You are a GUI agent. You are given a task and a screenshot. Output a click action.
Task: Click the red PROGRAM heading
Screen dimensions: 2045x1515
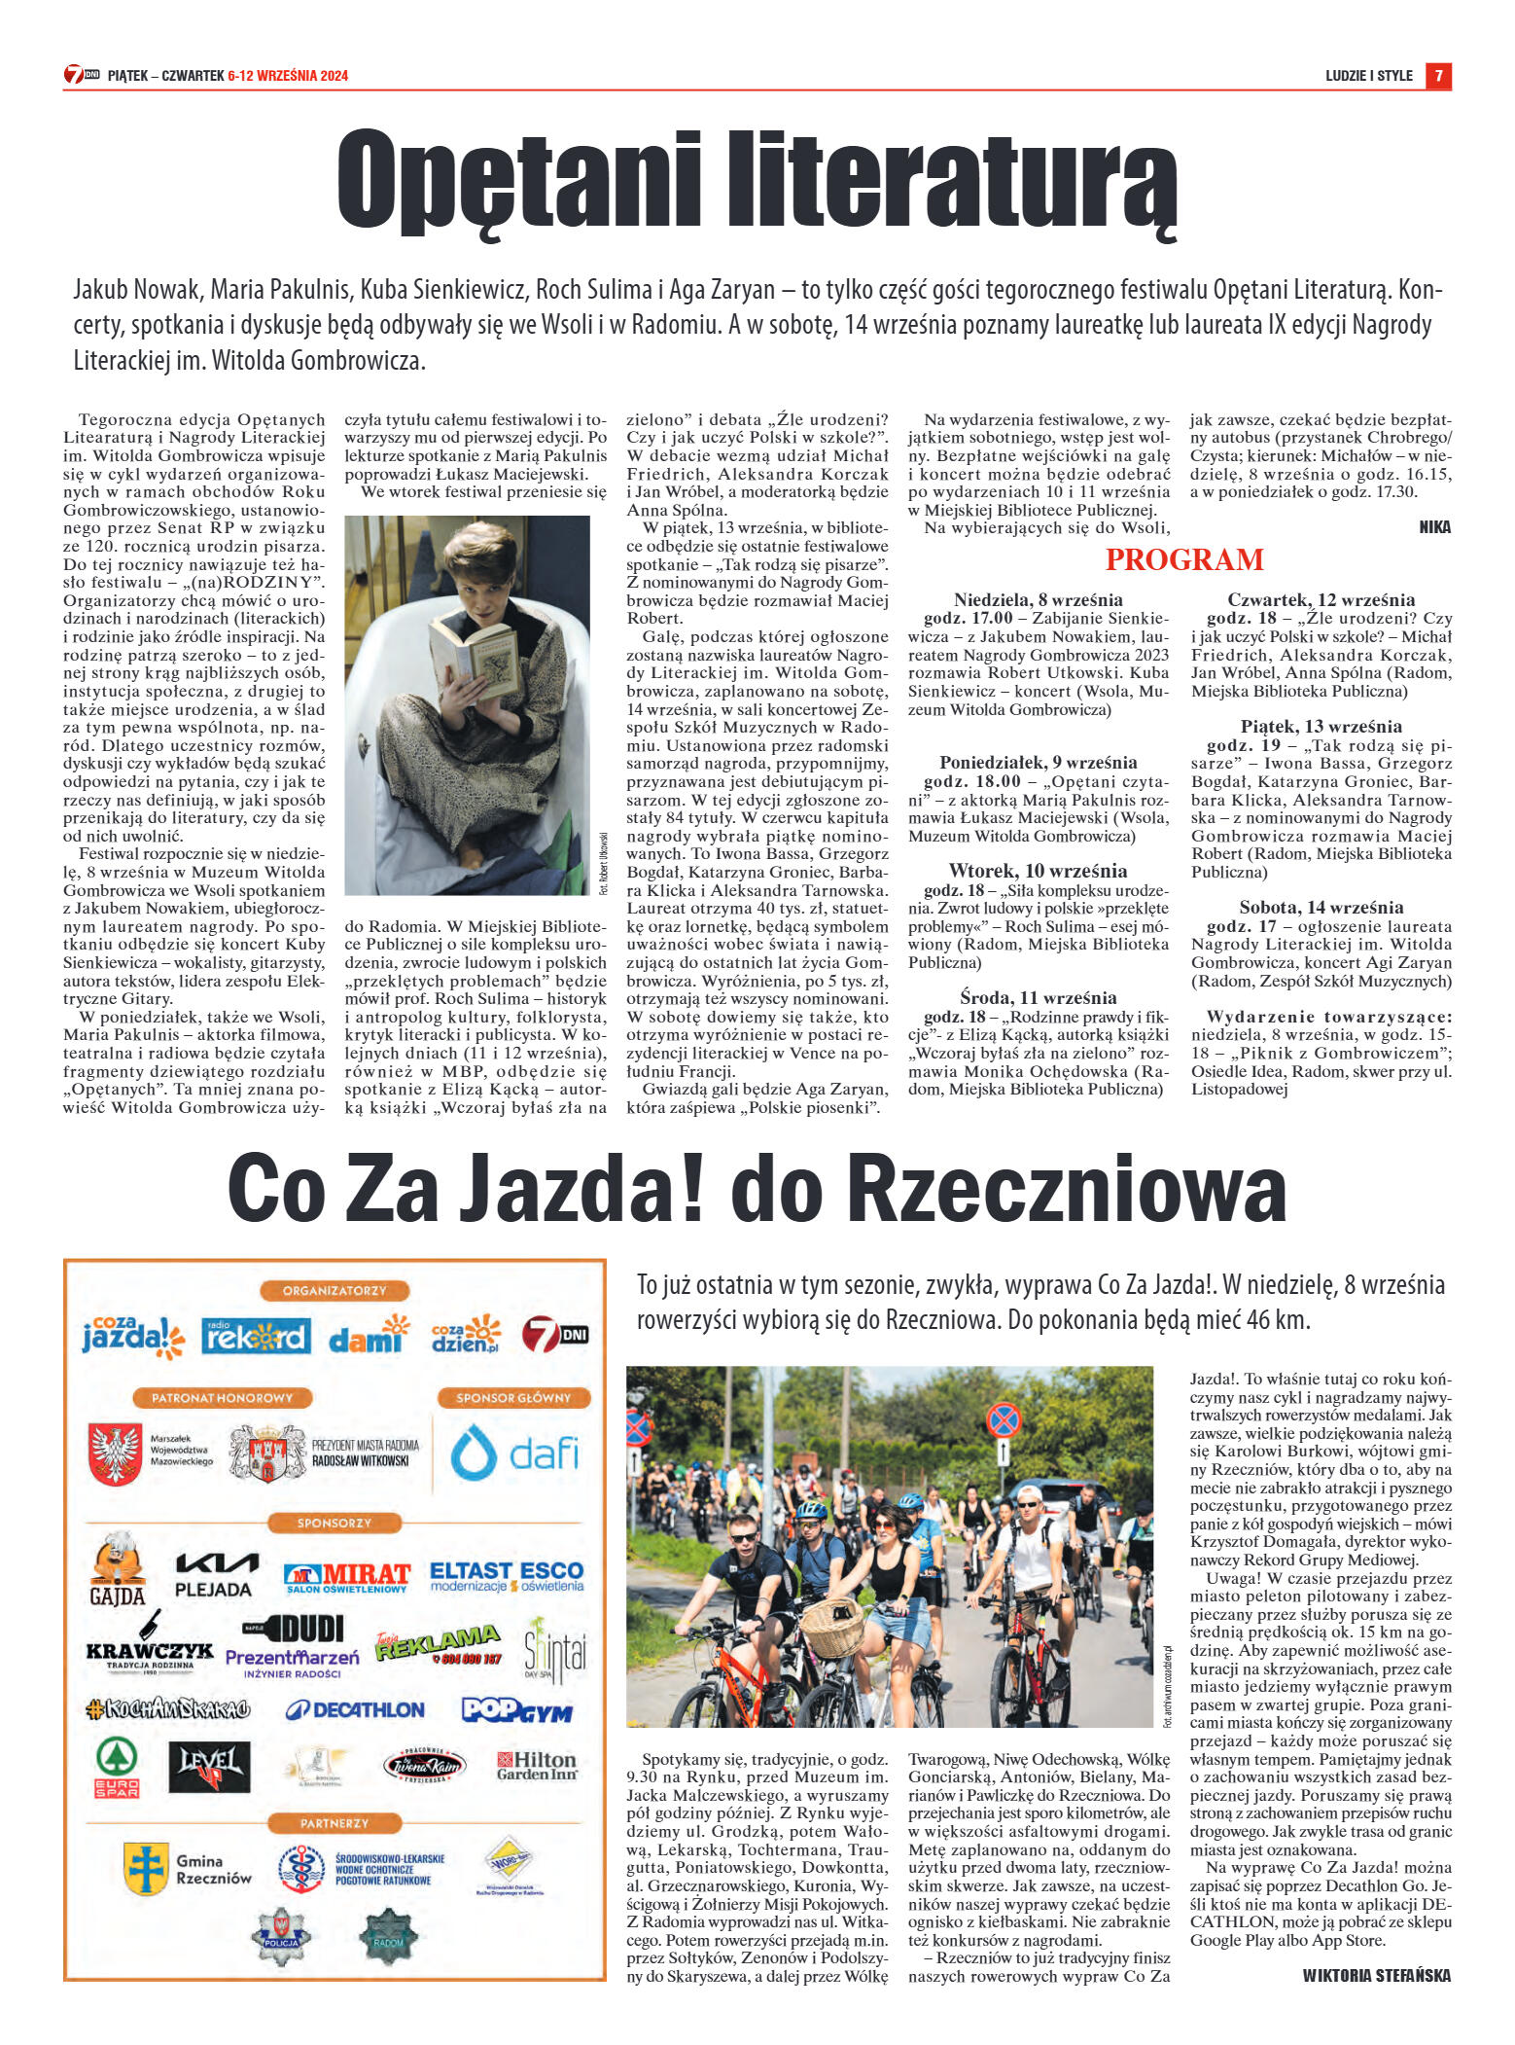coord(1183,559)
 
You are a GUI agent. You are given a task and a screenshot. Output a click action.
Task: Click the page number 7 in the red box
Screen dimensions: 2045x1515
coord(1438,76)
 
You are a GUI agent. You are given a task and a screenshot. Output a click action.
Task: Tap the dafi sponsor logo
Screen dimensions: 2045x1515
coord(514,1453)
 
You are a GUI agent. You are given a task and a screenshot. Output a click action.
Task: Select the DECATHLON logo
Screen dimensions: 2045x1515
coord(355,1709)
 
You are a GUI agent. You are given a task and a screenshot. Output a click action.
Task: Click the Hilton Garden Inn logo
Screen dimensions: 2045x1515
coord(537,1765)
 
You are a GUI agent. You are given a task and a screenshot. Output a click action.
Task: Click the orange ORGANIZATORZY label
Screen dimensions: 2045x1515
coord(335,1290)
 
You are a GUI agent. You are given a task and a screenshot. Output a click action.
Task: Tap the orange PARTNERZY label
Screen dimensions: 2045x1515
coord(335,1823)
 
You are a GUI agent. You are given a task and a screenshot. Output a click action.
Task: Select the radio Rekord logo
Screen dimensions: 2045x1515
coord(256,1336)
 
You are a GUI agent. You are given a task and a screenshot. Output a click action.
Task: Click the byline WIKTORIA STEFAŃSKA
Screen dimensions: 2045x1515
coord(1376,1975)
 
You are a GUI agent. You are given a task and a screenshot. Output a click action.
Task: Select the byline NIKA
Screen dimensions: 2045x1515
coord(1434,527)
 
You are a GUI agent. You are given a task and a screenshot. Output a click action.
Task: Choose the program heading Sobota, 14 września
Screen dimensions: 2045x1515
coord(1321,908)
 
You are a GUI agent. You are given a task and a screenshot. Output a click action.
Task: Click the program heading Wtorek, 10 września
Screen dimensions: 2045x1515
coord(1038,871)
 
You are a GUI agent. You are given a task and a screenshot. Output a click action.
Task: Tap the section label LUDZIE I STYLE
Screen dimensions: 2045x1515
coord(1368,76)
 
